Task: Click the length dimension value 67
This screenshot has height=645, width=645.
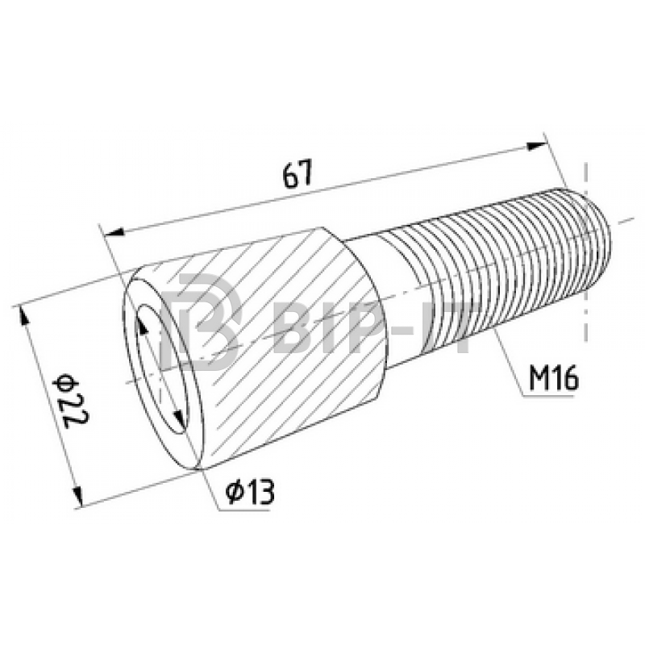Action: (x=298, y=173)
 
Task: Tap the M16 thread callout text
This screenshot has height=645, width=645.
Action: (x=554, y=378)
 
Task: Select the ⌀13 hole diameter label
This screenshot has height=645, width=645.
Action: (x=250, y=492)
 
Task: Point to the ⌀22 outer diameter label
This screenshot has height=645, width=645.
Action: (x=71, y=401)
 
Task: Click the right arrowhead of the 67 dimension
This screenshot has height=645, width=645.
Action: (x=537, y=146)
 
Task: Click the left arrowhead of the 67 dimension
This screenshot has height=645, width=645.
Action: (x=114, y=232)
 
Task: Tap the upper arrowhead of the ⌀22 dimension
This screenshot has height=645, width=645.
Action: (x=24, y=317)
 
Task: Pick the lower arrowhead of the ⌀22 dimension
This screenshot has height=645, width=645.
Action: (x=77, y=496)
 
